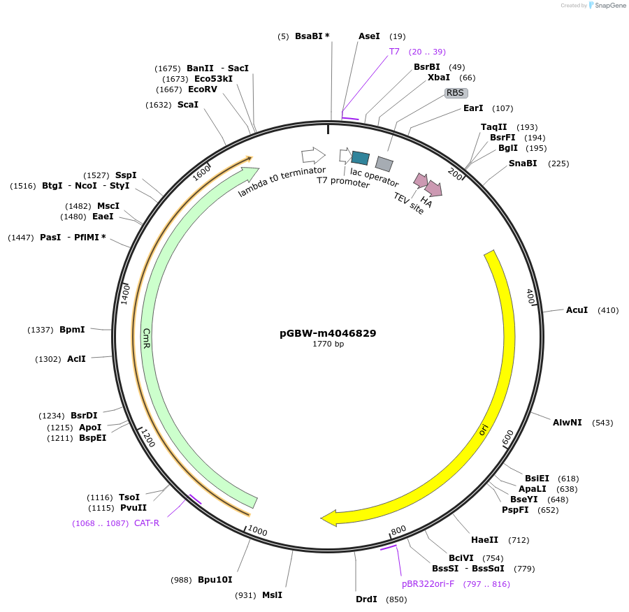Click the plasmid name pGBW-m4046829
[328, 333]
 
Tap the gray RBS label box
[456, 92]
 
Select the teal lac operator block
[361, 158]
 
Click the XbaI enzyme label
[439, 78]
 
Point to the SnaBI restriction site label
[523, 163]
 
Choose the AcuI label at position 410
[577, 309]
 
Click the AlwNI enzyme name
[567, 423]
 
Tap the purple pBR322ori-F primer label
[428, 584]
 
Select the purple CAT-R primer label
[147, 523]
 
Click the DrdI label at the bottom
[366, 599]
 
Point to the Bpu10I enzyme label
[215, 580]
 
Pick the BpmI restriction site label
[72, 330]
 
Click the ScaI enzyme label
[188, 105]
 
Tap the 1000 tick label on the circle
[257, 532]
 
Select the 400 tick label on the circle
[530, 297]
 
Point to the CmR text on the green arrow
[147, 338]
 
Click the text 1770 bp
[328, 344]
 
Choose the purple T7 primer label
[394, 52]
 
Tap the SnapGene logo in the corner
[607, 6]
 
